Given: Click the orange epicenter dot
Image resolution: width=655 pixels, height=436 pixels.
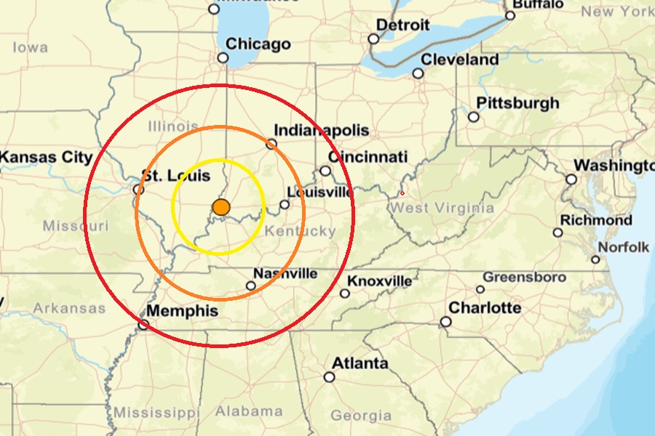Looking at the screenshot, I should point(222,207).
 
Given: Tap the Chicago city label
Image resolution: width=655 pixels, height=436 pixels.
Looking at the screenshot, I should point(258,44).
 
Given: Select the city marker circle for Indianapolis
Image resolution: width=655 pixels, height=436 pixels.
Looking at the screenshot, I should point(271,144).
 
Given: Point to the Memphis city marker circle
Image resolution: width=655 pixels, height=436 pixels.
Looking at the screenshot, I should point(143,325).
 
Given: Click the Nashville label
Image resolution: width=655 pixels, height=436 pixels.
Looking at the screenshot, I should point(285,274).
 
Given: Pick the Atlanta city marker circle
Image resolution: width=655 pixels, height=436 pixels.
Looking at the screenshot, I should point(330,377).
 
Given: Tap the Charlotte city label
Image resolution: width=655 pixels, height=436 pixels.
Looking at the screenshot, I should point(485,308).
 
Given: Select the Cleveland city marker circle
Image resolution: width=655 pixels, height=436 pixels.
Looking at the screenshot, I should point(418,73).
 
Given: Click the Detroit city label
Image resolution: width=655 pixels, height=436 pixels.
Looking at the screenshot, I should point(402,25).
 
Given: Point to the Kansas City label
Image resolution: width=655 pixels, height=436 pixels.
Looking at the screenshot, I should point(46,158).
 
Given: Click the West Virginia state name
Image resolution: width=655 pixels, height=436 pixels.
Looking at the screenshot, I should point(442,209).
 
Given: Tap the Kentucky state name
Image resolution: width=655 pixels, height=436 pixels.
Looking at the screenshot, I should point(301,232).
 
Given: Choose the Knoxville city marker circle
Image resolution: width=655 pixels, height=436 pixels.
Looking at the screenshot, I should point(345,294).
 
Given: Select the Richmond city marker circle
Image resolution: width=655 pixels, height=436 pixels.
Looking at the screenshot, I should point(557,233).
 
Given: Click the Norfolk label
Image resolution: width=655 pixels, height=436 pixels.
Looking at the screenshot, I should point(624,248).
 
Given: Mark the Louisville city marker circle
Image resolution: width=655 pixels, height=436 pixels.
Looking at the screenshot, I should point(285,204).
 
